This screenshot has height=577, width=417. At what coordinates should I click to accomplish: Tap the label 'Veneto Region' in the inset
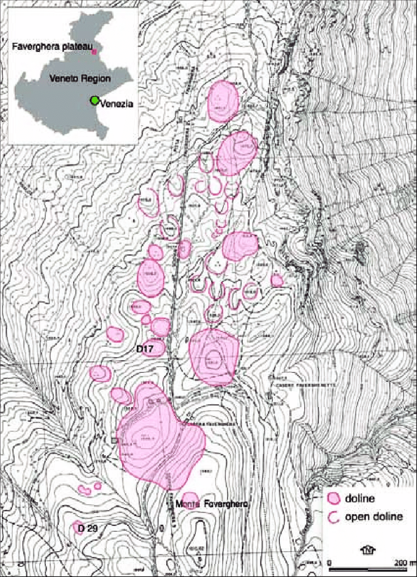click(x=79, y=79)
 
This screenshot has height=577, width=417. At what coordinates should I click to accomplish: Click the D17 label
click(x=146, y=349)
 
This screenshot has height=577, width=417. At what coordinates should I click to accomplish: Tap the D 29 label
click(x=86, y=528)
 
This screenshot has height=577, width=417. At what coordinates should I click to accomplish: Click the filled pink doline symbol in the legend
click(x=335, y=498)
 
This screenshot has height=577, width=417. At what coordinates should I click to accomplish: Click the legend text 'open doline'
click(x=374, y=516)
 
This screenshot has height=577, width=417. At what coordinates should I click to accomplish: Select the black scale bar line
click(x=367, y=569)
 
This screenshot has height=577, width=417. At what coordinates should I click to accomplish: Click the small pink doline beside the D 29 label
click(x=77, y=526)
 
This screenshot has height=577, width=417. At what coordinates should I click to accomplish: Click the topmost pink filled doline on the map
click(x=223, y=101)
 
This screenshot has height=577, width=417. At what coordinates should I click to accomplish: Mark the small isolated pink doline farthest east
click(x=277, y=280)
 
